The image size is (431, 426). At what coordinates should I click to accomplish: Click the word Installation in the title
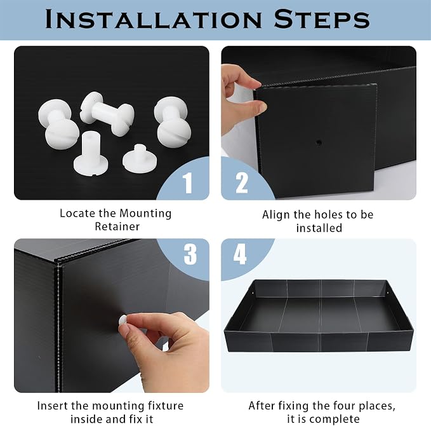(154, 19)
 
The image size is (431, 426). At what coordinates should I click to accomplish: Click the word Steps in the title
(322, 19)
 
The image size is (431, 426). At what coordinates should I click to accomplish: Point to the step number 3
(190, 254)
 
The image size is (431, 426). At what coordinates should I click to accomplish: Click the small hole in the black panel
(318, 142)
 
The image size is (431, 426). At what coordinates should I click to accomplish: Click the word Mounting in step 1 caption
(145, 214)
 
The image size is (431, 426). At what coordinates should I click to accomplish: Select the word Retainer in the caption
(117, 226)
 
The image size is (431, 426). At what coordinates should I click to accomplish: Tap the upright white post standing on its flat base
(90, 155)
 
